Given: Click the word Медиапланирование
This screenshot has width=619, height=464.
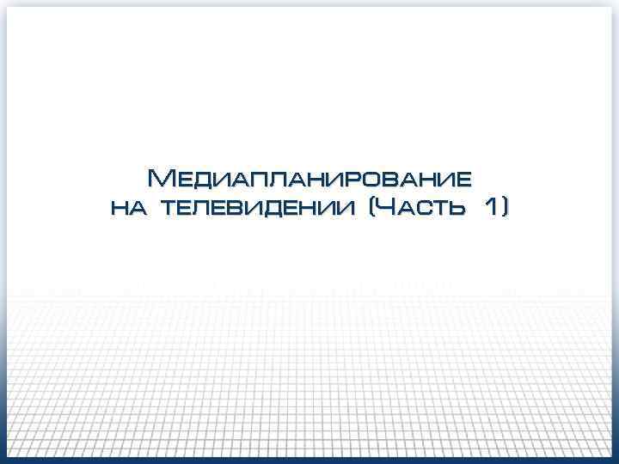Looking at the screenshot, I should pos(309,179).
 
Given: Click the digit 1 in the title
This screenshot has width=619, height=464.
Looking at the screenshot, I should pos(491,206).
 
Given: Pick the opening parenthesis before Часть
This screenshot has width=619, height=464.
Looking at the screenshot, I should pos(371,207).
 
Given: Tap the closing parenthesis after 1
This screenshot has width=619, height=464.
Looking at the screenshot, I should pos(505,207).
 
